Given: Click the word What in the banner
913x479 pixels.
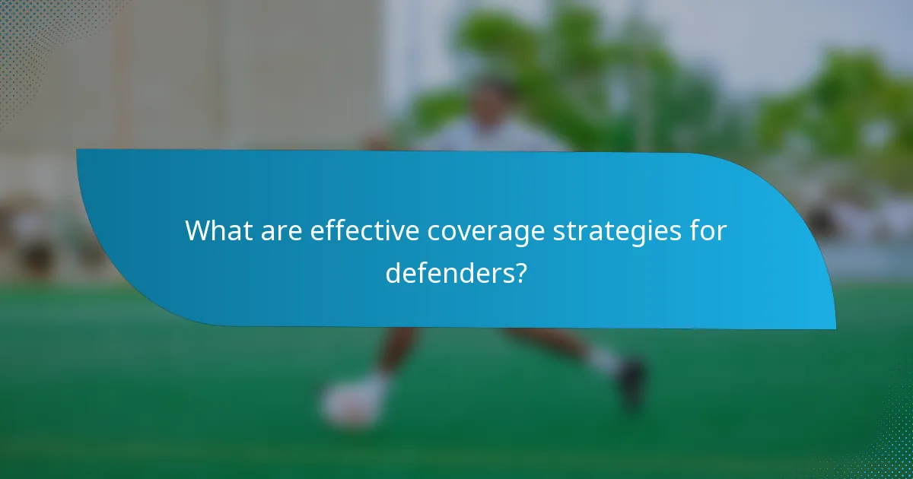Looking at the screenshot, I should (218, 230).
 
